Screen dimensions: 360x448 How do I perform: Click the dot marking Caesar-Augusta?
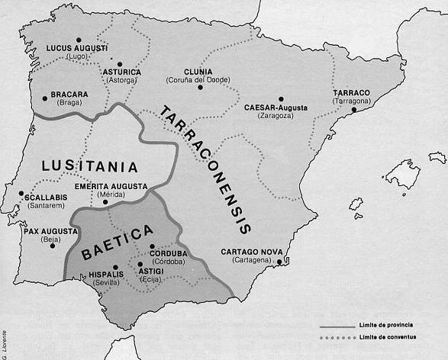tap(281, 98)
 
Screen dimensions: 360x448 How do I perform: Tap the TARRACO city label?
tap(351, 93)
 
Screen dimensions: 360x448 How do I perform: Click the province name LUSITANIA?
tap(91, 166)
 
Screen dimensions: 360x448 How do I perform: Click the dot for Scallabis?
tap(22, 193)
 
